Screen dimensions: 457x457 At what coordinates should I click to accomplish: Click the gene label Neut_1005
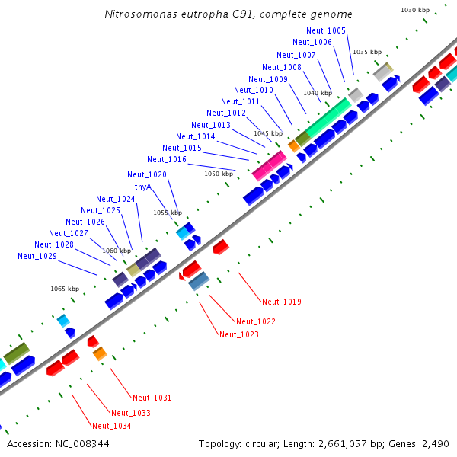click(x=326, y=30)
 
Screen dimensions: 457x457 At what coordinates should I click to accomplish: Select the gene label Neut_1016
click(x=167, y=159)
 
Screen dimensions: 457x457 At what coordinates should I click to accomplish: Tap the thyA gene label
click(x=143, y=187)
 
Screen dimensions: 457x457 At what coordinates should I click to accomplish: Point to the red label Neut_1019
click(x=281, y=302)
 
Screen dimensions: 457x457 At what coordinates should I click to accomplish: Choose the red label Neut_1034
click(x=111, y=426)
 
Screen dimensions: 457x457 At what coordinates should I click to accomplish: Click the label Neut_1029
click(x=37, y=257)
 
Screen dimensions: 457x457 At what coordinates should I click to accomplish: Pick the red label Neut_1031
click(x=152, y=398)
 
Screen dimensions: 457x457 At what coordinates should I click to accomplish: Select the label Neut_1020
click(x=147, y=174)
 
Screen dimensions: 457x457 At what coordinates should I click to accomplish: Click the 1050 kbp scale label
click(x=219, y=174)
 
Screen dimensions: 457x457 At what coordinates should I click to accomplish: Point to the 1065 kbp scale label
click(x=65, y=289)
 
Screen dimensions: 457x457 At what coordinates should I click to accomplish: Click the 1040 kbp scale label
click(x=317, y=93)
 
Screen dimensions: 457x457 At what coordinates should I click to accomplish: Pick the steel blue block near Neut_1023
click(x=199, y=281)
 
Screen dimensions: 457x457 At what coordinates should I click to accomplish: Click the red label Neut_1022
click(x=256, y=321)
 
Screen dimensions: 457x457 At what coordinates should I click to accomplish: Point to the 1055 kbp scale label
click(x=168, y=213)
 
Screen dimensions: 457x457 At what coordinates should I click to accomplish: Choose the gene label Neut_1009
click(x=268, y=79)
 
